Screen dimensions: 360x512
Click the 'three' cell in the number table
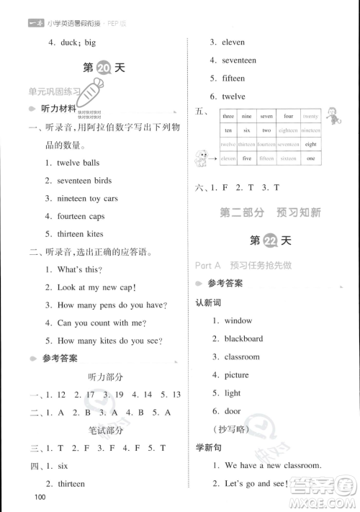tap(228, 116)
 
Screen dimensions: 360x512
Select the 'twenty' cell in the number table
tap(310, 116)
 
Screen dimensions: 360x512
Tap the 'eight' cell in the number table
tap(310, 144)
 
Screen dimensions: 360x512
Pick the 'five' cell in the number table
tap(247, 158)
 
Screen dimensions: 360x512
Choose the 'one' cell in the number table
tap(310, 158)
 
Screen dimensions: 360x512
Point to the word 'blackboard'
tap(243, 338)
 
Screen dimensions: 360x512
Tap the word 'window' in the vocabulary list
tap(238, 320)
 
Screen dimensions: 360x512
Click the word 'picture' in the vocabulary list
tap(236, 374)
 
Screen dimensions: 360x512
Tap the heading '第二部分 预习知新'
tap(271, 212)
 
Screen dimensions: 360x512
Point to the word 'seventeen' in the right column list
tap(243, 60)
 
